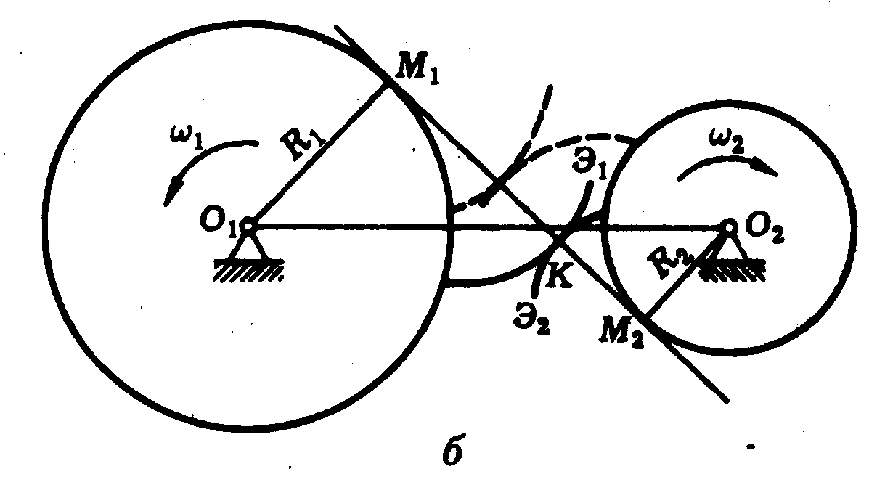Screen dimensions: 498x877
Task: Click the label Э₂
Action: [529, 319]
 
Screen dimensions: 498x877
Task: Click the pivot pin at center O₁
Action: [247, 226]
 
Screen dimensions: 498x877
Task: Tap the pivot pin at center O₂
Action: [729, 226]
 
